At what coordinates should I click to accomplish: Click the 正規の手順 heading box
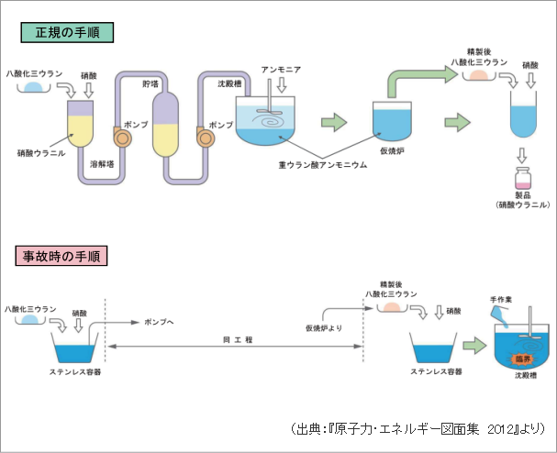67,33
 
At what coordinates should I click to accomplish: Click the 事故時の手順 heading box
61,255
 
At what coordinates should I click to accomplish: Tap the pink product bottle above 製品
523,177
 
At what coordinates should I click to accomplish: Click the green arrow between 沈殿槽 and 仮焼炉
334,122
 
